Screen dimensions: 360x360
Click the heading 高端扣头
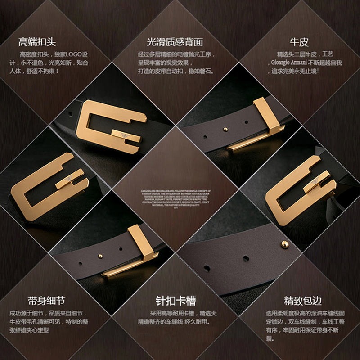click(37, 43)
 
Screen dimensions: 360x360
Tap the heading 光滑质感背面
click(175, 42)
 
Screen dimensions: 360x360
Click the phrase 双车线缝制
click(299, 322)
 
